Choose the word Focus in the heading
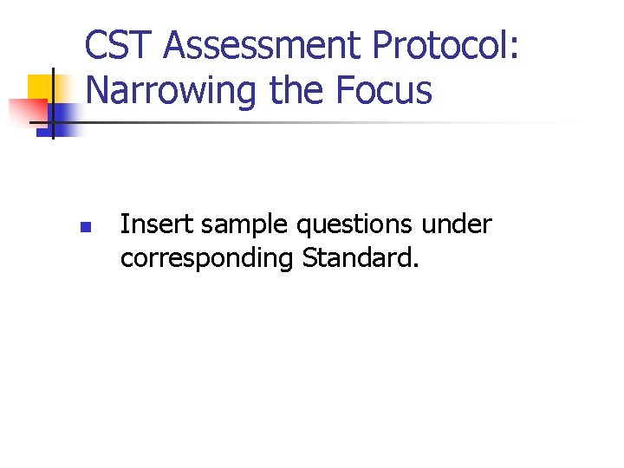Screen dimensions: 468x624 (385, 90)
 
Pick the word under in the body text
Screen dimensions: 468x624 (457, 225)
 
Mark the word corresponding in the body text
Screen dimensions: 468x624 (207, 259)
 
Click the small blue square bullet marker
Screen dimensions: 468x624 (84, 229)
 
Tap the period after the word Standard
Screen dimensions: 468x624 (415, 264)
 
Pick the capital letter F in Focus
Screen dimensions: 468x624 (348, 90)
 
